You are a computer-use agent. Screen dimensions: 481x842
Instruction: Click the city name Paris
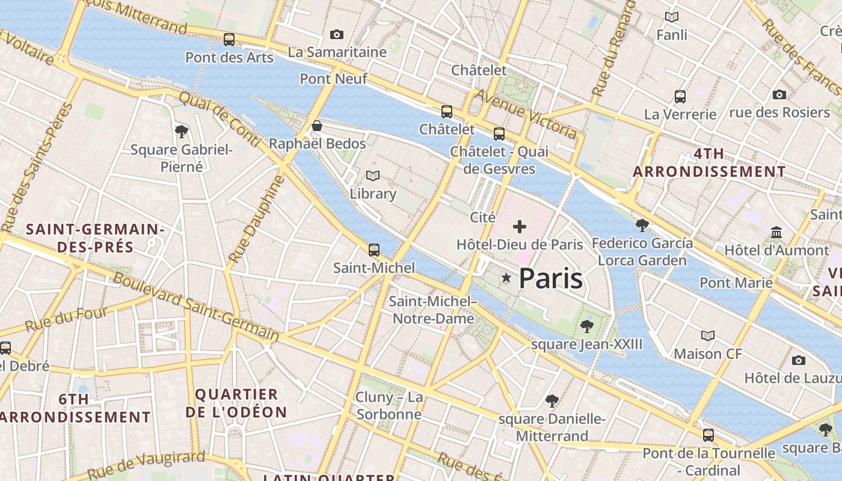550,278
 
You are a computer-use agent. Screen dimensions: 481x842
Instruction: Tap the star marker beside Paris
506,278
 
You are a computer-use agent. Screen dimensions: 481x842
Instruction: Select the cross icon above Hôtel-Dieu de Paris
520,227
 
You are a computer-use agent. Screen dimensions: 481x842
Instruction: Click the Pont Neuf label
333,79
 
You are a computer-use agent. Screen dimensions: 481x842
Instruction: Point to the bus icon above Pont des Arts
229,40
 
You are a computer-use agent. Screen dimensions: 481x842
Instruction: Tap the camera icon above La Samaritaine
337,35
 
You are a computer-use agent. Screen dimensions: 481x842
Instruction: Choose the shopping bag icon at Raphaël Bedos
317,126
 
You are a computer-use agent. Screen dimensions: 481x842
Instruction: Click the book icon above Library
373,176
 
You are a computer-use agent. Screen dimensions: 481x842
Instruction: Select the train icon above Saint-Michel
374,250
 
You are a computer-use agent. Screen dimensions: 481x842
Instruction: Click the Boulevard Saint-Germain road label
196,307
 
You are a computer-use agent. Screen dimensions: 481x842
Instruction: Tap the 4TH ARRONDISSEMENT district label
709,162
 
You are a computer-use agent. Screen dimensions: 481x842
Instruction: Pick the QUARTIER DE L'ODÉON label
236,403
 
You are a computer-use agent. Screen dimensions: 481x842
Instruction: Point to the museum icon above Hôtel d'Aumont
776,232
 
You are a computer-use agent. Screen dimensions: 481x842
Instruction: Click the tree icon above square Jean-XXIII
587,326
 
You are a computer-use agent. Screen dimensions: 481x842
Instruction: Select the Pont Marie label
736,283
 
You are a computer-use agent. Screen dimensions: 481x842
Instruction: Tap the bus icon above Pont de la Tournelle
708,435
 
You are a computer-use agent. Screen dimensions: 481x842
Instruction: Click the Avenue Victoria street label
526,113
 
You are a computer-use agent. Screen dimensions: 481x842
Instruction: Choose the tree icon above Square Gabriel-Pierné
181,132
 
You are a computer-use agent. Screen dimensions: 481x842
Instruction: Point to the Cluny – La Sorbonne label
389,406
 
